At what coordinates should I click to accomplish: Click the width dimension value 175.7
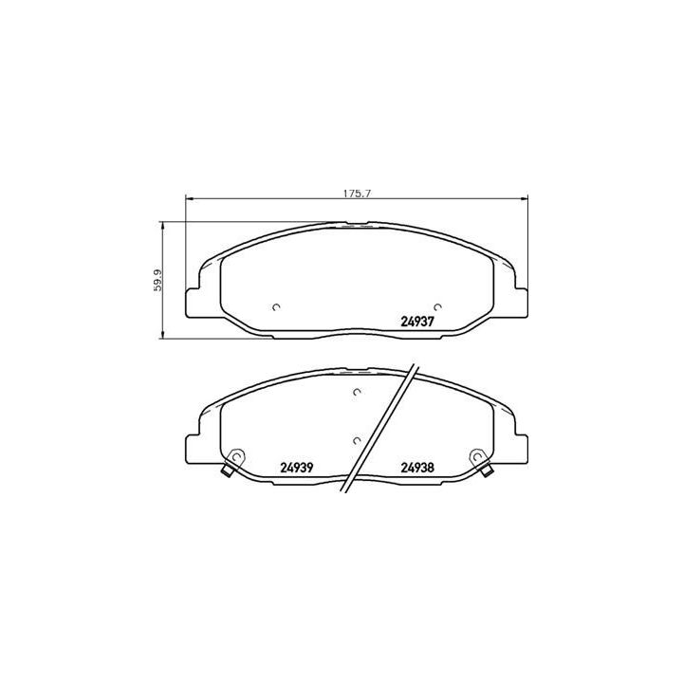pyautogui.click(x=355, y=193)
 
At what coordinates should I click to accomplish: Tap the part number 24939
pyautogui.click(x=297, y=466)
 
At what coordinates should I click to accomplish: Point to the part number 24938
pyautogui.click(x=417, y=466)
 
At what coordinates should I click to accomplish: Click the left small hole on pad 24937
pyautogui.click(x=275, y=306)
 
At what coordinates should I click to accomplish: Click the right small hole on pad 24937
pyautogui.click(x=437, y=306)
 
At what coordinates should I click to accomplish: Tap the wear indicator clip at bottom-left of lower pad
pyautogui.click(x=228, y=471)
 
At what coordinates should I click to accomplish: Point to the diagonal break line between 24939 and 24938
pyautogui.click(x=379, y=427)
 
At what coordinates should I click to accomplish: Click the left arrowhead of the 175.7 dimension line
pyautogui.click(x=187, y=199)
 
